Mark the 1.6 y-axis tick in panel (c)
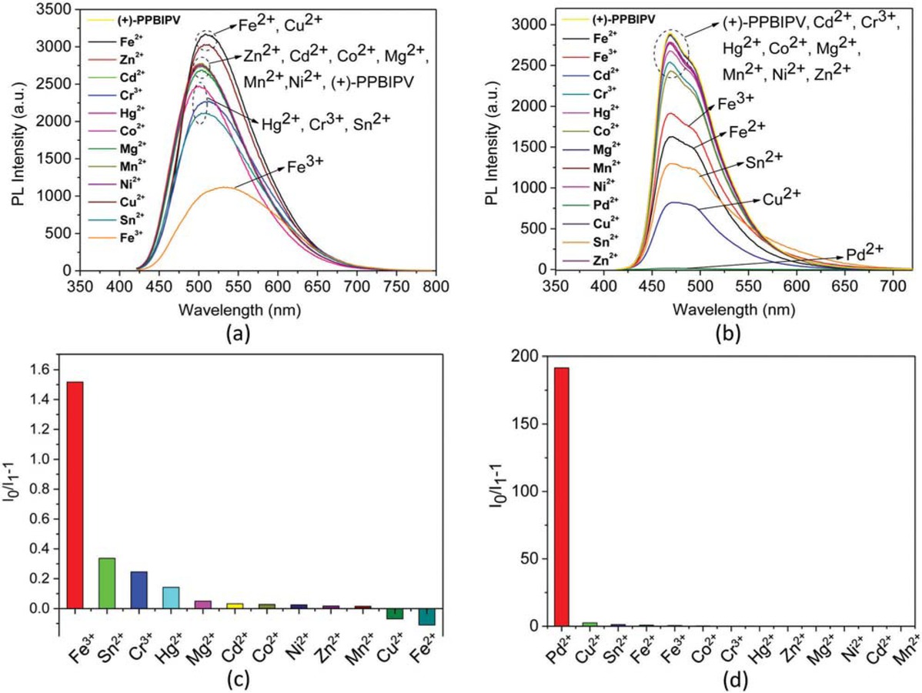pos(43,370)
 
